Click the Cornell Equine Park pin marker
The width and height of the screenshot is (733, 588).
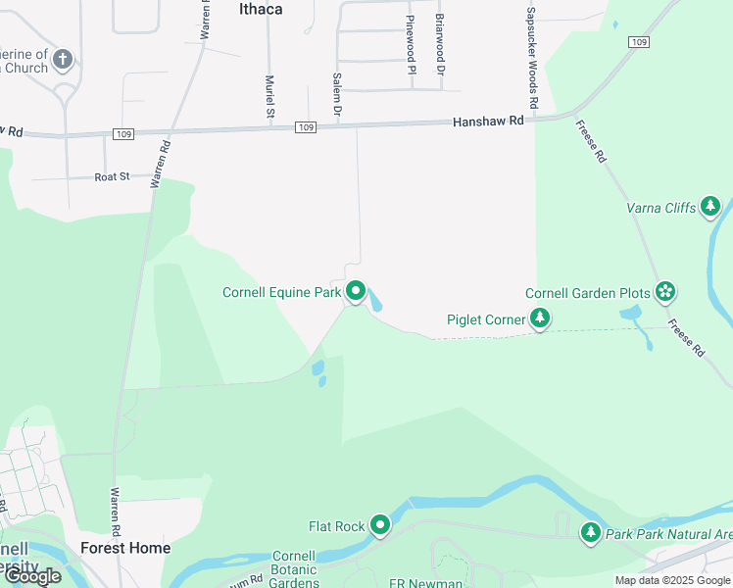(x=356, y=291)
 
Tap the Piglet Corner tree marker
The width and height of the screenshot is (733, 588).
(x=539, y=318)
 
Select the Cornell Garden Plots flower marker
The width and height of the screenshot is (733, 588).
(x=665, y=291)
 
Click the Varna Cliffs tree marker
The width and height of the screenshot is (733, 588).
(x=710, y=207)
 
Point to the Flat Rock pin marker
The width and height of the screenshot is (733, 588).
(x=380, y=526)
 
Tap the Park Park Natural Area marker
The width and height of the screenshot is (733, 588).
(x=590, y=533)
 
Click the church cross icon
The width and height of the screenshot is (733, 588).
(x=63, y=60)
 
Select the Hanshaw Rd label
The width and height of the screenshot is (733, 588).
(x=488, y=121)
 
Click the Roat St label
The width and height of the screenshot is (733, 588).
(x=112, y=176)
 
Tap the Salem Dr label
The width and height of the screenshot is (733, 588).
(x=336, y=97)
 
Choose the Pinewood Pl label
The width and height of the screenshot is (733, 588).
(x=411, y=45)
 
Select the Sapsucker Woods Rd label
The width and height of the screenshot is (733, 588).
(x=531, y=58)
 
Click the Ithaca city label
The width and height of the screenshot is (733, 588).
(x=261, y=9)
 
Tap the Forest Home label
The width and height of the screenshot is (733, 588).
(x=125, y=548)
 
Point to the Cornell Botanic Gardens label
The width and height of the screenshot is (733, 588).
(x=293, y=568)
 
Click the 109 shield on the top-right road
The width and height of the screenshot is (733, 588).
(x=639, y=42)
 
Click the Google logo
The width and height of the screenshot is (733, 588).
(x=32, y=576)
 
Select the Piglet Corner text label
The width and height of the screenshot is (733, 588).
(x=485, y=318)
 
